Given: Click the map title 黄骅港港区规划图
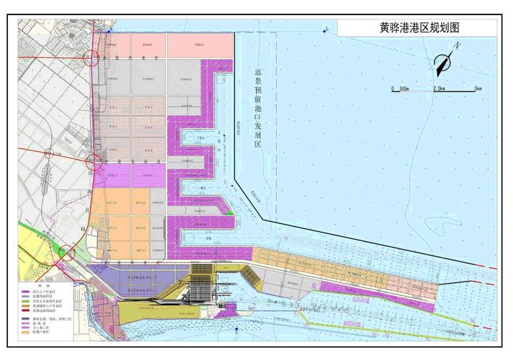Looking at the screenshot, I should tap(419, 27).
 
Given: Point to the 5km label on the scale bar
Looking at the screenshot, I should tap(478, 89).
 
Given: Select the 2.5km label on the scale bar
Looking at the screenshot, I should tap(439, 89).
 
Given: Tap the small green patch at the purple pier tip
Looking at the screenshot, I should tap(229, 213).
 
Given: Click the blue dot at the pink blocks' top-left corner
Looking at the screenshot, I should tap(110, 32).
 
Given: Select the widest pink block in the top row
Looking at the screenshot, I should tap(200, 45).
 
